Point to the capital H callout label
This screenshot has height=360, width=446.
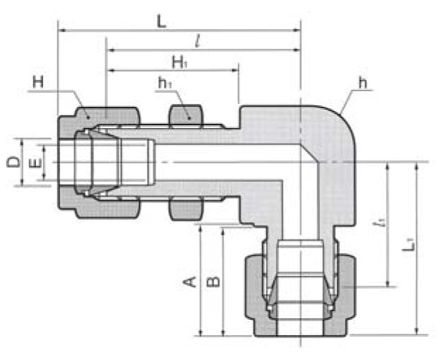point(37,83)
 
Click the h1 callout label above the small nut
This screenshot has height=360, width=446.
point(165,84)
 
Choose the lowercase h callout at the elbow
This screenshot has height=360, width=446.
point(363,83)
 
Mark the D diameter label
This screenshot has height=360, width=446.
point(13,163)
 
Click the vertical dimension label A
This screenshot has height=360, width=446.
point(189,281)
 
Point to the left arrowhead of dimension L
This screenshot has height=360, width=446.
point(61,30)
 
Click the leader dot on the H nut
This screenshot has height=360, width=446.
point(88,117)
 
